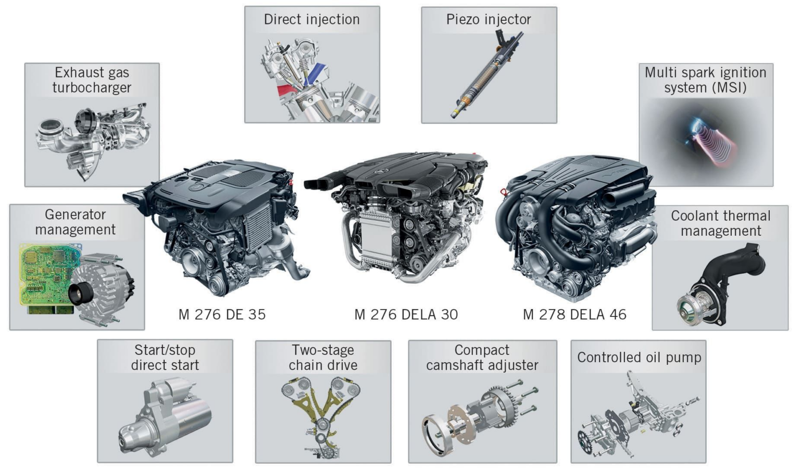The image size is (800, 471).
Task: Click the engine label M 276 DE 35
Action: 222,314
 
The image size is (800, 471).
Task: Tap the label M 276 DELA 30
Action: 406,314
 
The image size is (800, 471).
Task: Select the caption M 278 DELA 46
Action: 574,314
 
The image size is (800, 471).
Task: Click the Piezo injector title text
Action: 489,20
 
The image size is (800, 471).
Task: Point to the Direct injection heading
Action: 311,20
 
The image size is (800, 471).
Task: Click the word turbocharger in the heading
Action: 92,88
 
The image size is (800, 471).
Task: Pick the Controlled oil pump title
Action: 639,358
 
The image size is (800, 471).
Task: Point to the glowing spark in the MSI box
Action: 695,125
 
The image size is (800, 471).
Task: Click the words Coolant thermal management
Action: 720,223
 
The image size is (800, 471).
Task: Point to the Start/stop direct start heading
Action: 165,358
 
